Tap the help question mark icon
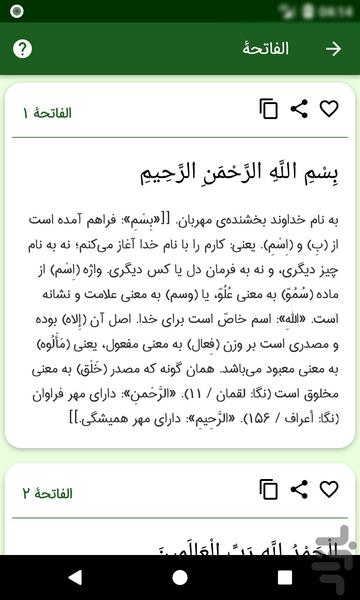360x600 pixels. [x=23, y=49]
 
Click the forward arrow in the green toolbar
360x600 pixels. [x=334, y=49]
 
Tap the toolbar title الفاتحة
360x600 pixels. [x=266, y=49]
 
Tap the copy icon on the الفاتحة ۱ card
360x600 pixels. [x=268, y=109]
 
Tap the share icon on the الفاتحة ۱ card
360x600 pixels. [x=298, y=109]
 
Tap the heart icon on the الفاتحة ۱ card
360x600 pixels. [x=328, y=109]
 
